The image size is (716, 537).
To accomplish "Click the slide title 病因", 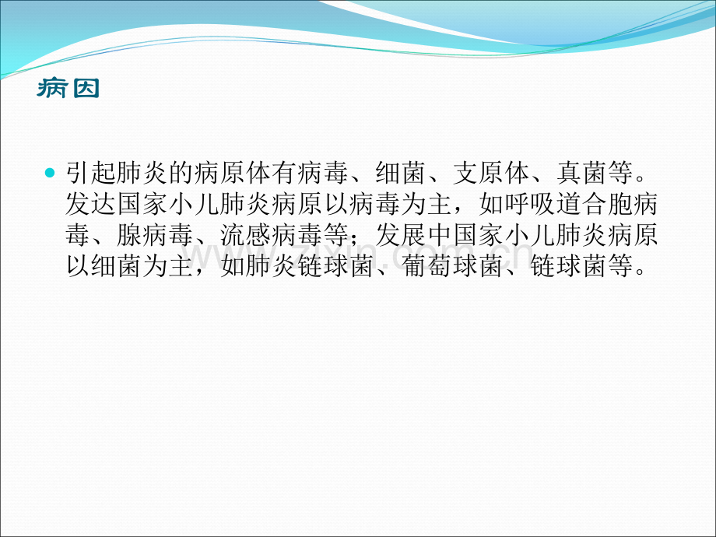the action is (x=68, y=88).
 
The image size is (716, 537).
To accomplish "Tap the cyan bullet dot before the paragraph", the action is (x=50, y=173).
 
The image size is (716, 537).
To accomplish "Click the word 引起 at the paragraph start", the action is (x=90, y=173).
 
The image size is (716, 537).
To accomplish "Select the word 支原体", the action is (x=491, y=173).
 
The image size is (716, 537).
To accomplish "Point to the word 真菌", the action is (x=582, y=173).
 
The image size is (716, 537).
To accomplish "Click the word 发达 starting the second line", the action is (x=90, y=204).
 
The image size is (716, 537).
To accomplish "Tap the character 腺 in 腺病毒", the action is (x=129, y=235).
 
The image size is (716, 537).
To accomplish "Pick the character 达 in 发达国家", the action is (x=104, y=204).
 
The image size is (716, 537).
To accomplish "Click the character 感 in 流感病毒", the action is (x=258, y=235).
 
